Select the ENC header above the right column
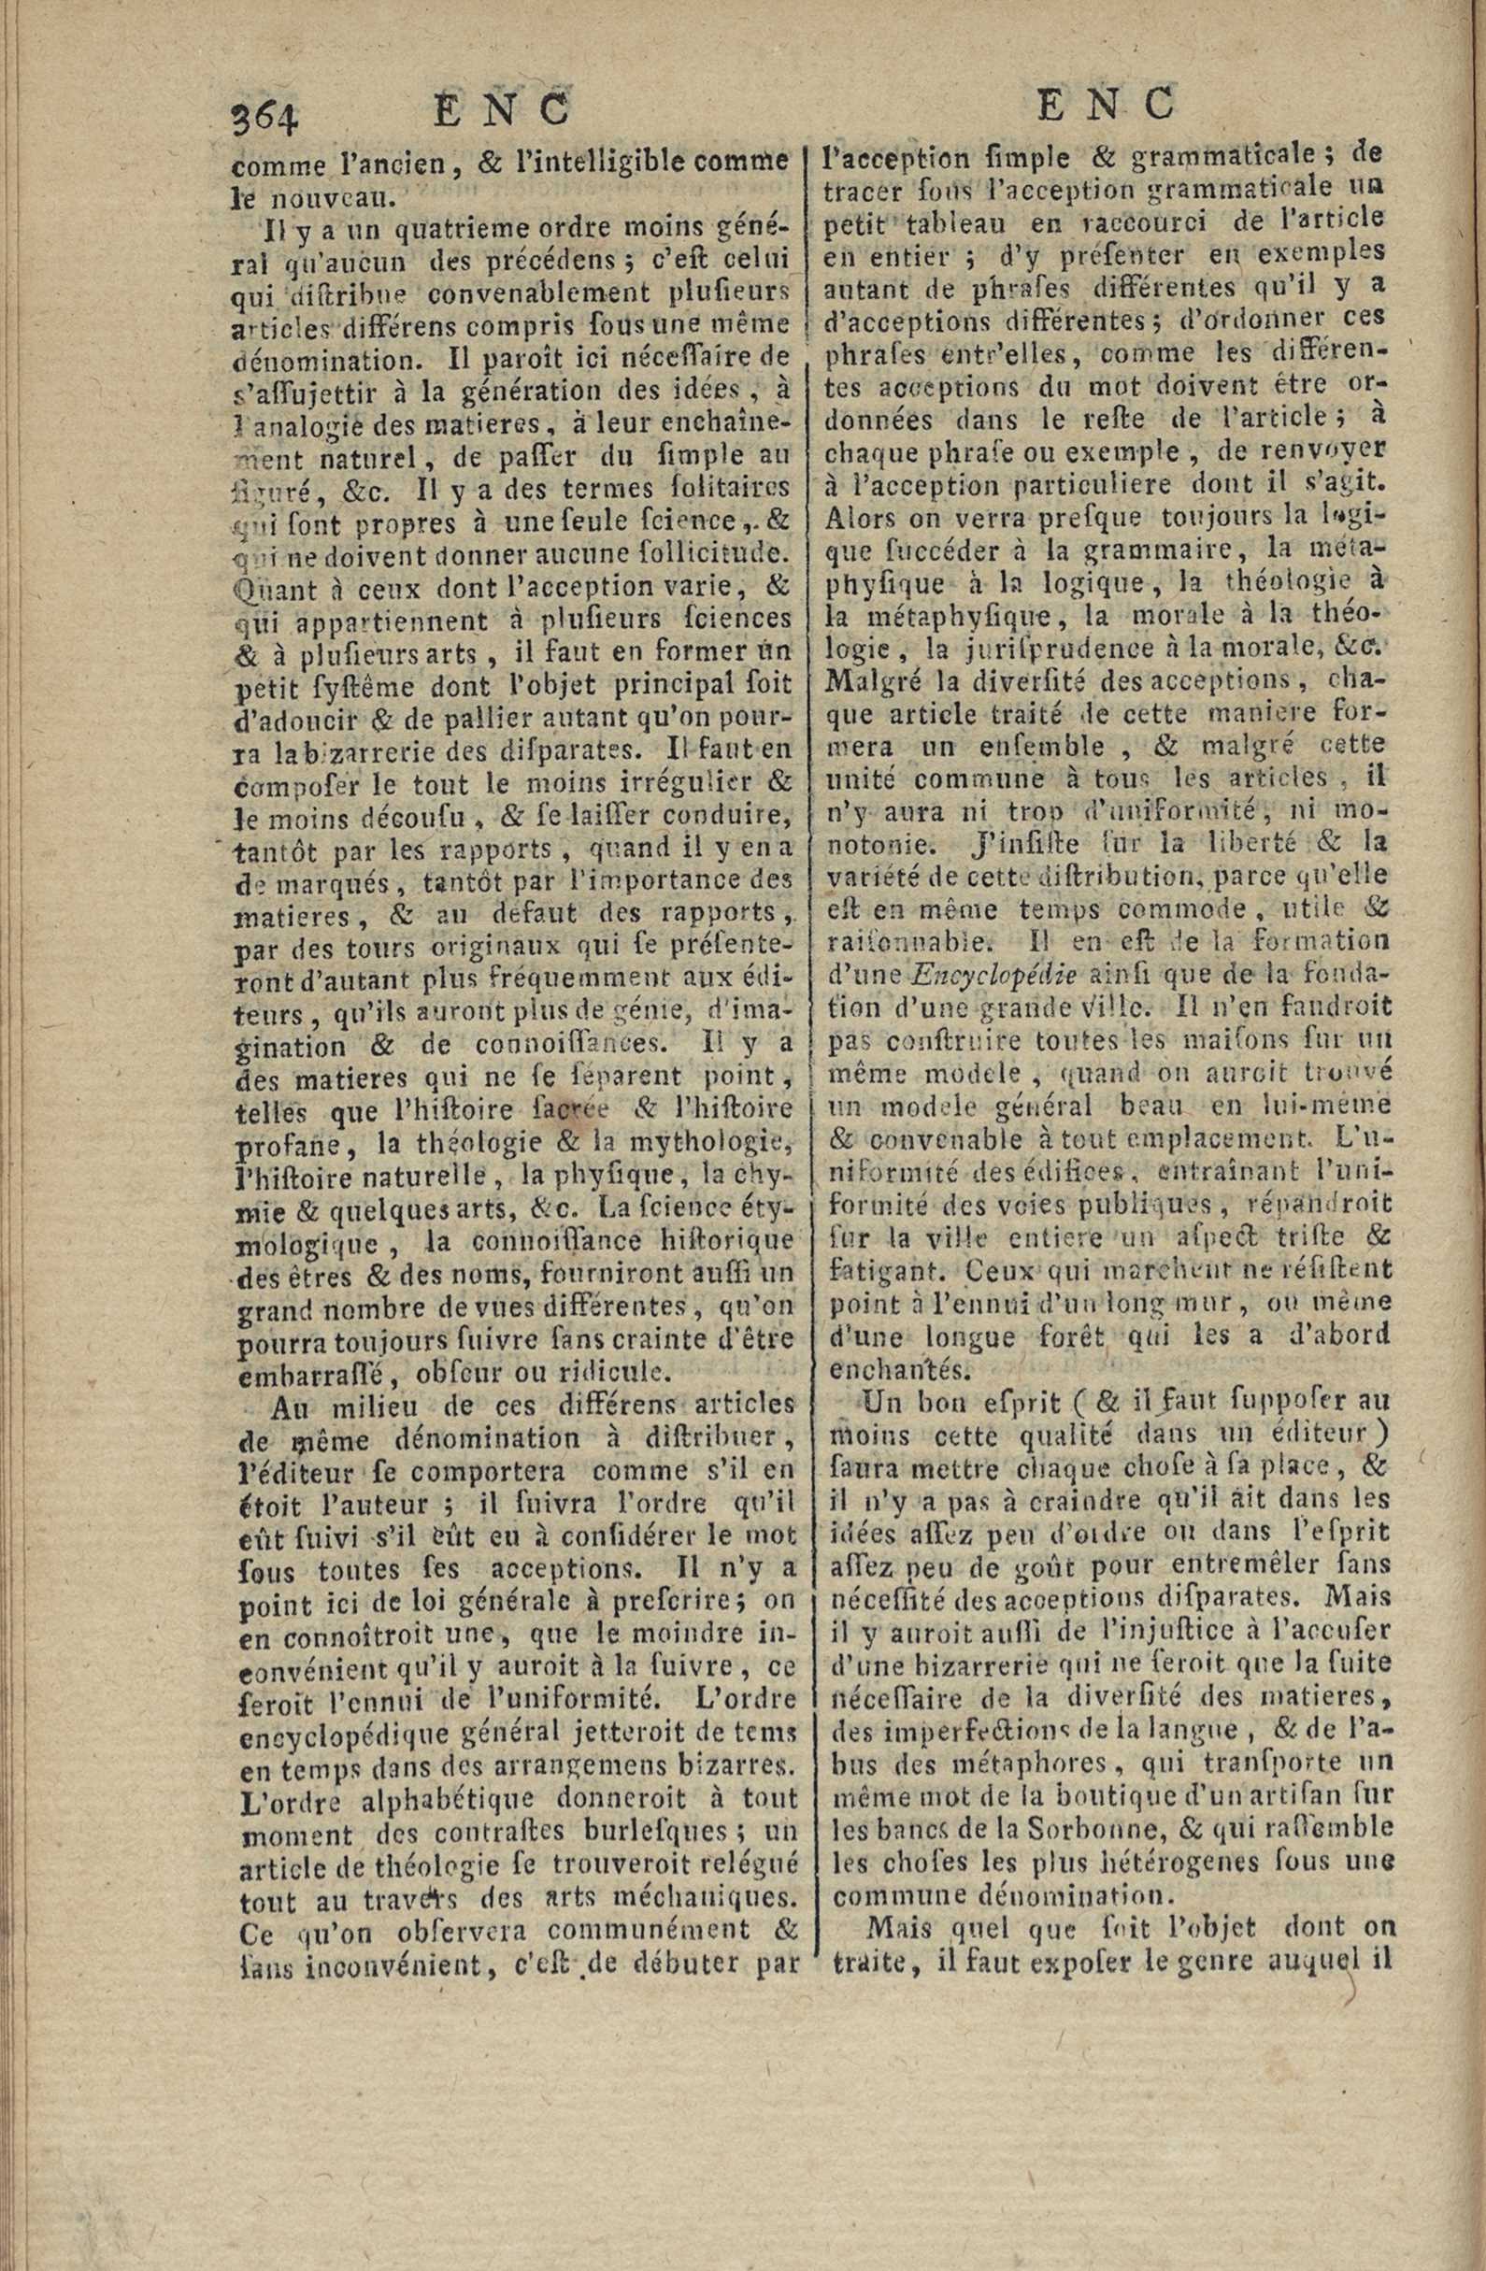(1106, 102)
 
